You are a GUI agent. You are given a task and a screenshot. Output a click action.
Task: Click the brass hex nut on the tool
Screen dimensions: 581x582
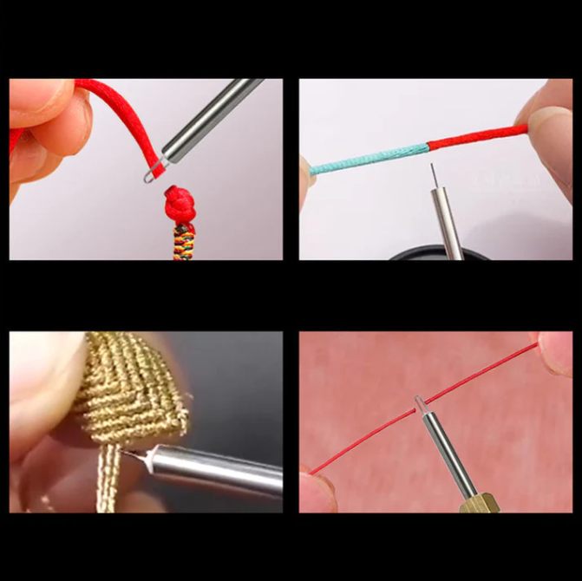click(477, 502)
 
